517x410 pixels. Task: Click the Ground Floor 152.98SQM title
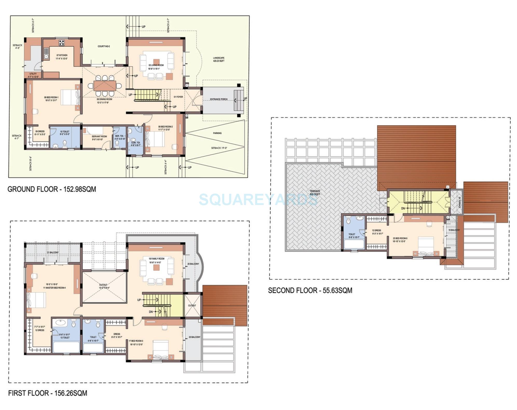pos(52,189)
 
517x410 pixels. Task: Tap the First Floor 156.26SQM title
pos(47,393)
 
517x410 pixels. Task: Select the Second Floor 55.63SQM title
pos(310,290)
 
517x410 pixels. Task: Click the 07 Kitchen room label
pos(62,55)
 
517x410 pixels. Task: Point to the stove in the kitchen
pos(62,43)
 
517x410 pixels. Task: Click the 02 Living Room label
pos(156,65)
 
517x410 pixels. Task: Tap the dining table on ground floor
pos(105,85)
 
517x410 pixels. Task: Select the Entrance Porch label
pos(219,99)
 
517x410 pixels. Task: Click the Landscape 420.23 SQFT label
pos(219,59)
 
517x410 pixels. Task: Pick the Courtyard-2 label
pos(104,46)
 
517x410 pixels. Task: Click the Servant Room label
pos(99,136)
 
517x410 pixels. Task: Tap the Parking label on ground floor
pos(217,133)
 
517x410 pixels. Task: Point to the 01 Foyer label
pos(178,97)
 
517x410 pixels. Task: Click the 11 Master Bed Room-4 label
pos(54,288)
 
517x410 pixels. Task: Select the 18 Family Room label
pos(157,259)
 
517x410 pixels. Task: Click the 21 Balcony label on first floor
pos(53,252)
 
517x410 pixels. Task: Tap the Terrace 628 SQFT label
pos(315,193)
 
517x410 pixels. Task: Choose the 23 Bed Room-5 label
pos(400,238)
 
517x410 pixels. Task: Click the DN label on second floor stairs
pos(403,208)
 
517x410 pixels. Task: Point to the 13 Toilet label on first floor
pos(65,338)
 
